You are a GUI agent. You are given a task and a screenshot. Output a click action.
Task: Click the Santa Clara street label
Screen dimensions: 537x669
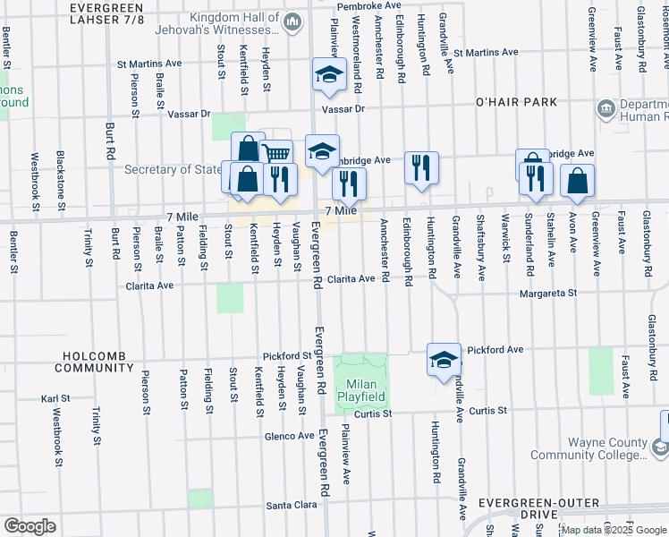point(292,506)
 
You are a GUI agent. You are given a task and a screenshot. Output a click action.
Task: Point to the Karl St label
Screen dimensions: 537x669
point(55,398)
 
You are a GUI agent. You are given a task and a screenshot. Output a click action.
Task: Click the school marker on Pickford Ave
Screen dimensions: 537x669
point(443,360)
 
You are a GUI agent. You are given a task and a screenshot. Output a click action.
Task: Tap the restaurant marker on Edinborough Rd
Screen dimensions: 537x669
point(421,167)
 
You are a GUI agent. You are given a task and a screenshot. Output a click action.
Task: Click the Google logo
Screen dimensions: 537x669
point(30,526)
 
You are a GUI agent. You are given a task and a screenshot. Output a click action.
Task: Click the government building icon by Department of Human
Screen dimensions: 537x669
point(605,108)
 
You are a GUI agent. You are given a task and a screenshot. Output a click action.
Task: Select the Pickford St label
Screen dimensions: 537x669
point(286,356)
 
